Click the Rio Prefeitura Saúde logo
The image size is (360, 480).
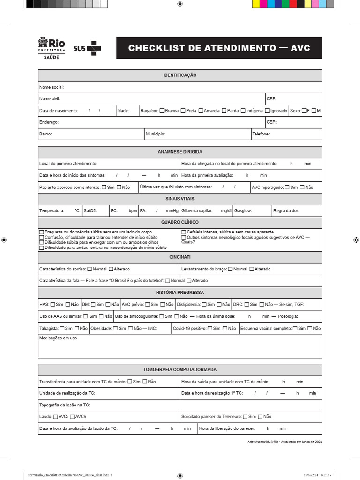point(51,49)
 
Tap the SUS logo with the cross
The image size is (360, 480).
point(87,48)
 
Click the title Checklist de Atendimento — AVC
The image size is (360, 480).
point(219,48)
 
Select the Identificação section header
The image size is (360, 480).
point(180,75)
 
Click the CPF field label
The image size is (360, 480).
point(271,99)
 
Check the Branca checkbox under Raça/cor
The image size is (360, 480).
point(162,111)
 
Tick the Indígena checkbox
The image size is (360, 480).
point(243,111)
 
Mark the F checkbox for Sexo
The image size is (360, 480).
point(304,111)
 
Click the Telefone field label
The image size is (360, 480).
point(261,134)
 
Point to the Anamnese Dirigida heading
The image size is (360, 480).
point(180,152)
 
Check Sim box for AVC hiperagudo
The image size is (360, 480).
point(287,187)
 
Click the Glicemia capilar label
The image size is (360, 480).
point(197,211)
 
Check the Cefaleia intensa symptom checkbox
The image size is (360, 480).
point(184,232)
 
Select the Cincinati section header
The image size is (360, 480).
point(180,257)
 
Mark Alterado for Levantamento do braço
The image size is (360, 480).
point(252,269)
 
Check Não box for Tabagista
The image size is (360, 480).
point(76,329)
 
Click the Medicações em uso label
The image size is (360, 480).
point(58,338)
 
